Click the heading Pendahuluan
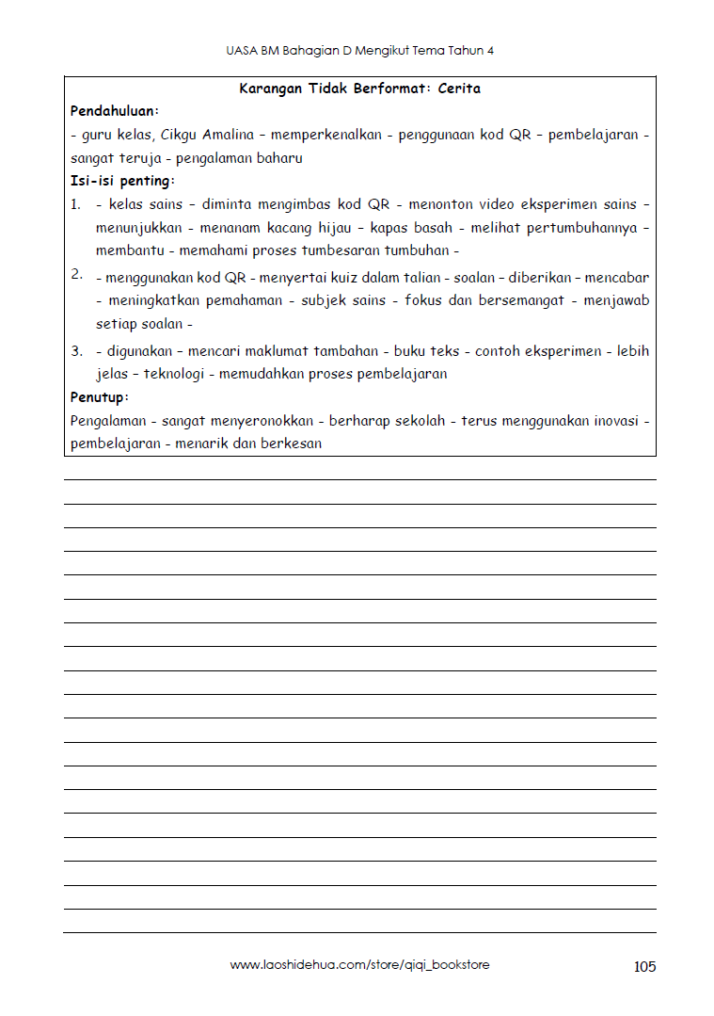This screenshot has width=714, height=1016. pyautogui.click(x=114, y=111)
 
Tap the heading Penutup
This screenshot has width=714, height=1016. pyautogui.click(x=99, y=396)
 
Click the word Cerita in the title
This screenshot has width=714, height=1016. pyautogui.click(x=459, y=89)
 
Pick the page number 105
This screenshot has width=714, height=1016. pyautogui.click(x=644, y=966)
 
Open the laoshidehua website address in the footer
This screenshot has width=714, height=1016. pyautogui.click(x=359, y=965)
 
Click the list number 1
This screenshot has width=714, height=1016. pyautogui.click(x=75, y=204)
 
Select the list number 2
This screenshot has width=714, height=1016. pyautogui.click(x=75, y=274)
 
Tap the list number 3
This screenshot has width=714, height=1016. pyautogui.click(x=76, y=351)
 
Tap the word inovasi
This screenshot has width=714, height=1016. pyautogui.click(x=615, y=421)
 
